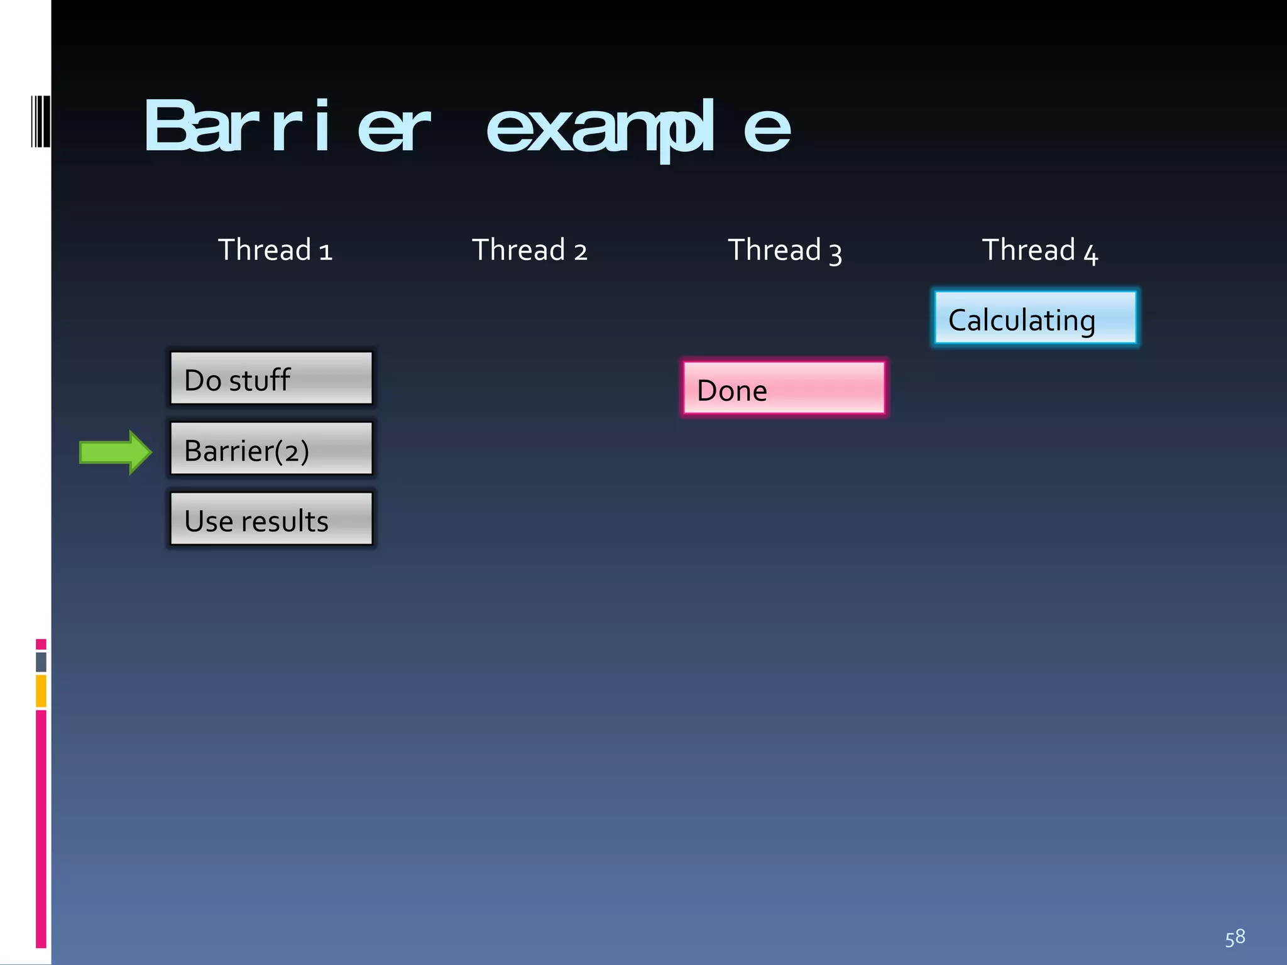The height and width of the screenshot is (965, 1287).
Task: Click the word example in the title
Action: pyautogui.click(x=637, y=129)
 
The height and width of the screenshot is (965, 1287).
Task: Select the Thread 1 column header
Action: pyautogui.click(x=275, y=250)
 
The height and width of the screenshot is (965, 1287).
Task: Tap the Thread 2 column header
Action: pyautogui.click(x=529, y=250)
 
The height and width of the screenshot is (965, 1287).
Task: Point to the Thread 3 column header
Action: pyautogui.click(x=784, y=250)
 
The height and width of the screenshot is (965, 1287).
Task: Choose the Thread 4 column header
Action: pyautogui.click(x=1039, y=250)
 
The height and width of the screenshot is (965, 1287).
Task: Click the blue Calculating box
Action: pyautogui.click(x=1034, y=318)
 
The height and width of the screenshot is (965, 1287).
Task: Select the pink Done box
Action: pyautogui.click(x=784, y=388)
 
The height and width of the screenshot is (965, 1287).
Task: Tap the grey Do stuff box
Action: pyautogui.click(x=271, y=378)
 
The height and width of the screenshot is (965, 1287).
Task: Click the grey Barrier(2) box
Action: pyautogui.click(x=271, y=449)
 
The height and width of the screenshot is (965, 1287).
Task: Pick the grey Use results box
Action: pyautogui.click(x=271, y=519)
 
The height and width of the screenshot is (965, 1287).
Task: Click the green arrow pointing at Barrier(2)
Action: pyautogui.click(x=115, y=452)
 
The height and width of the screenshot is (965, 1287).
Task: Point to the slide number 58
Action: pyautogui.click(x=1234, y=937)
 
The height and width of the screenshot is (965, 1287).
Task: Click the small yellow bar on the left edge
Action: pyautogui.click(x=41, y=690)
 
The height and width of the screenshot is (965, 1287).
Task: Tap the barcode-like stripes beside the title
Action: pyautogui.click(x=40, y=121)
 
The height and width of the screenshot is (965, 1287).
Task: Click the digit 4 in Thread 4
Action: pyautogui.click(x=1090, y=254)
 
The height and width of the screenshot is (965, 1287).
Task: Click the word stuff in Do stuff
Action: pyautogui.click(x=259, y=380)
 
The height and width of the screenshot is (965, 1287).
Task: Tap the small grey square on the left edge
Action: pyautogui.click(x=41, y=662)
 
